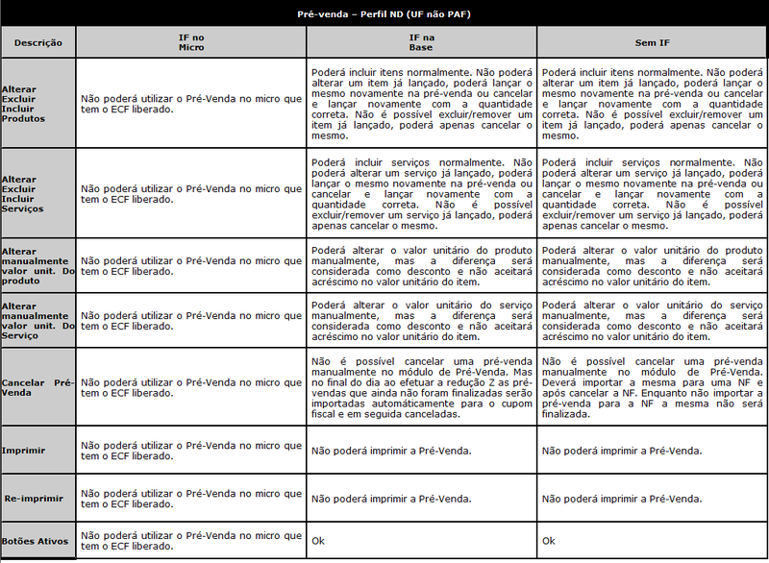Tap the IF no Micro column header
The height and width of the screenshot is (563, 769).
tap(190, 41)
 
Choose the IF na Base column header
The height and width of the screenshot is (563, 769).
tap(421, 41)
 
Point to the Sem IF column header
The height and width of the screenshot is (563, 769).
tap(653, 42)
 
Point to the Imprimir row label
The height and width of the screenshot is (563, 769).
tap(24, 450)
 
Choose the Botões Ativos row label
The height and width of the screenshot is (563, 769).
tap(36, 541)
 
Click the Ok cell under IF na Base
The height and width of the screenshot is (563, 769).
tap(318, 541)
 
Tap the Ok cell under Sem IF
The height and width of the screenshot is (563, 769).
tap(549, 541)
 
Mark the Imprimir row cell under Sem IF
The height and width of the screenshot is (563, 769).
tap(621, 450)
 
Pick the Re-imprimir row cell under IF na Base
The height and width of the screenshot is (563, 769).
tap(390, 499)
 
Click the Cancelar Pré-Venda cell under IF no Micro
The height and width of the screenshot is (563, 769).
tap(190, 387)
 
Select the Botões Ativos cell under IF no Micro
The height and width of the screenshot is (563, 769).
tap(190, 541)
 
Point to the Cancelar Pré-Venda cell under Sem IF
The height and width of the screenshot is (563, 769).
tap(653, 387)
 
